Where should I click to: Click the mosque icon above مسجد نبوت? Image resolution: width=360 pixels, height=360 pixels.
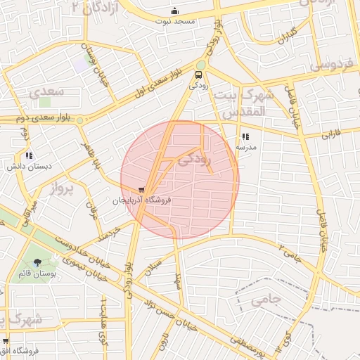pos(174,11)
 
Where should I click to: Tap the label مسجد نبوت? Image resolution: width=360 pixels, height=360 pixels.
pos(174,22)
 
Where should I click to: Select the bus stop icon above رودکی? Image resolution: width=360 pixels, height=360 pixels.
pos(200,74)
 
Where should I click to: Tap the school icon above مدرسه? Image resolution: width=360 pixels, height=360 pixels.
pos(245,137)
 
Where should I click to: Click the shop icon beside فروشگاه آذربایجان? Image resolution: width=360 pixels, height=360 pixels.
pos(143,190)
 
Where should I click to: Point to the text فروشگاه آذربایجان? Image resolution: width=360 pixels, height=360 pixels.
pos(138,200)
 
